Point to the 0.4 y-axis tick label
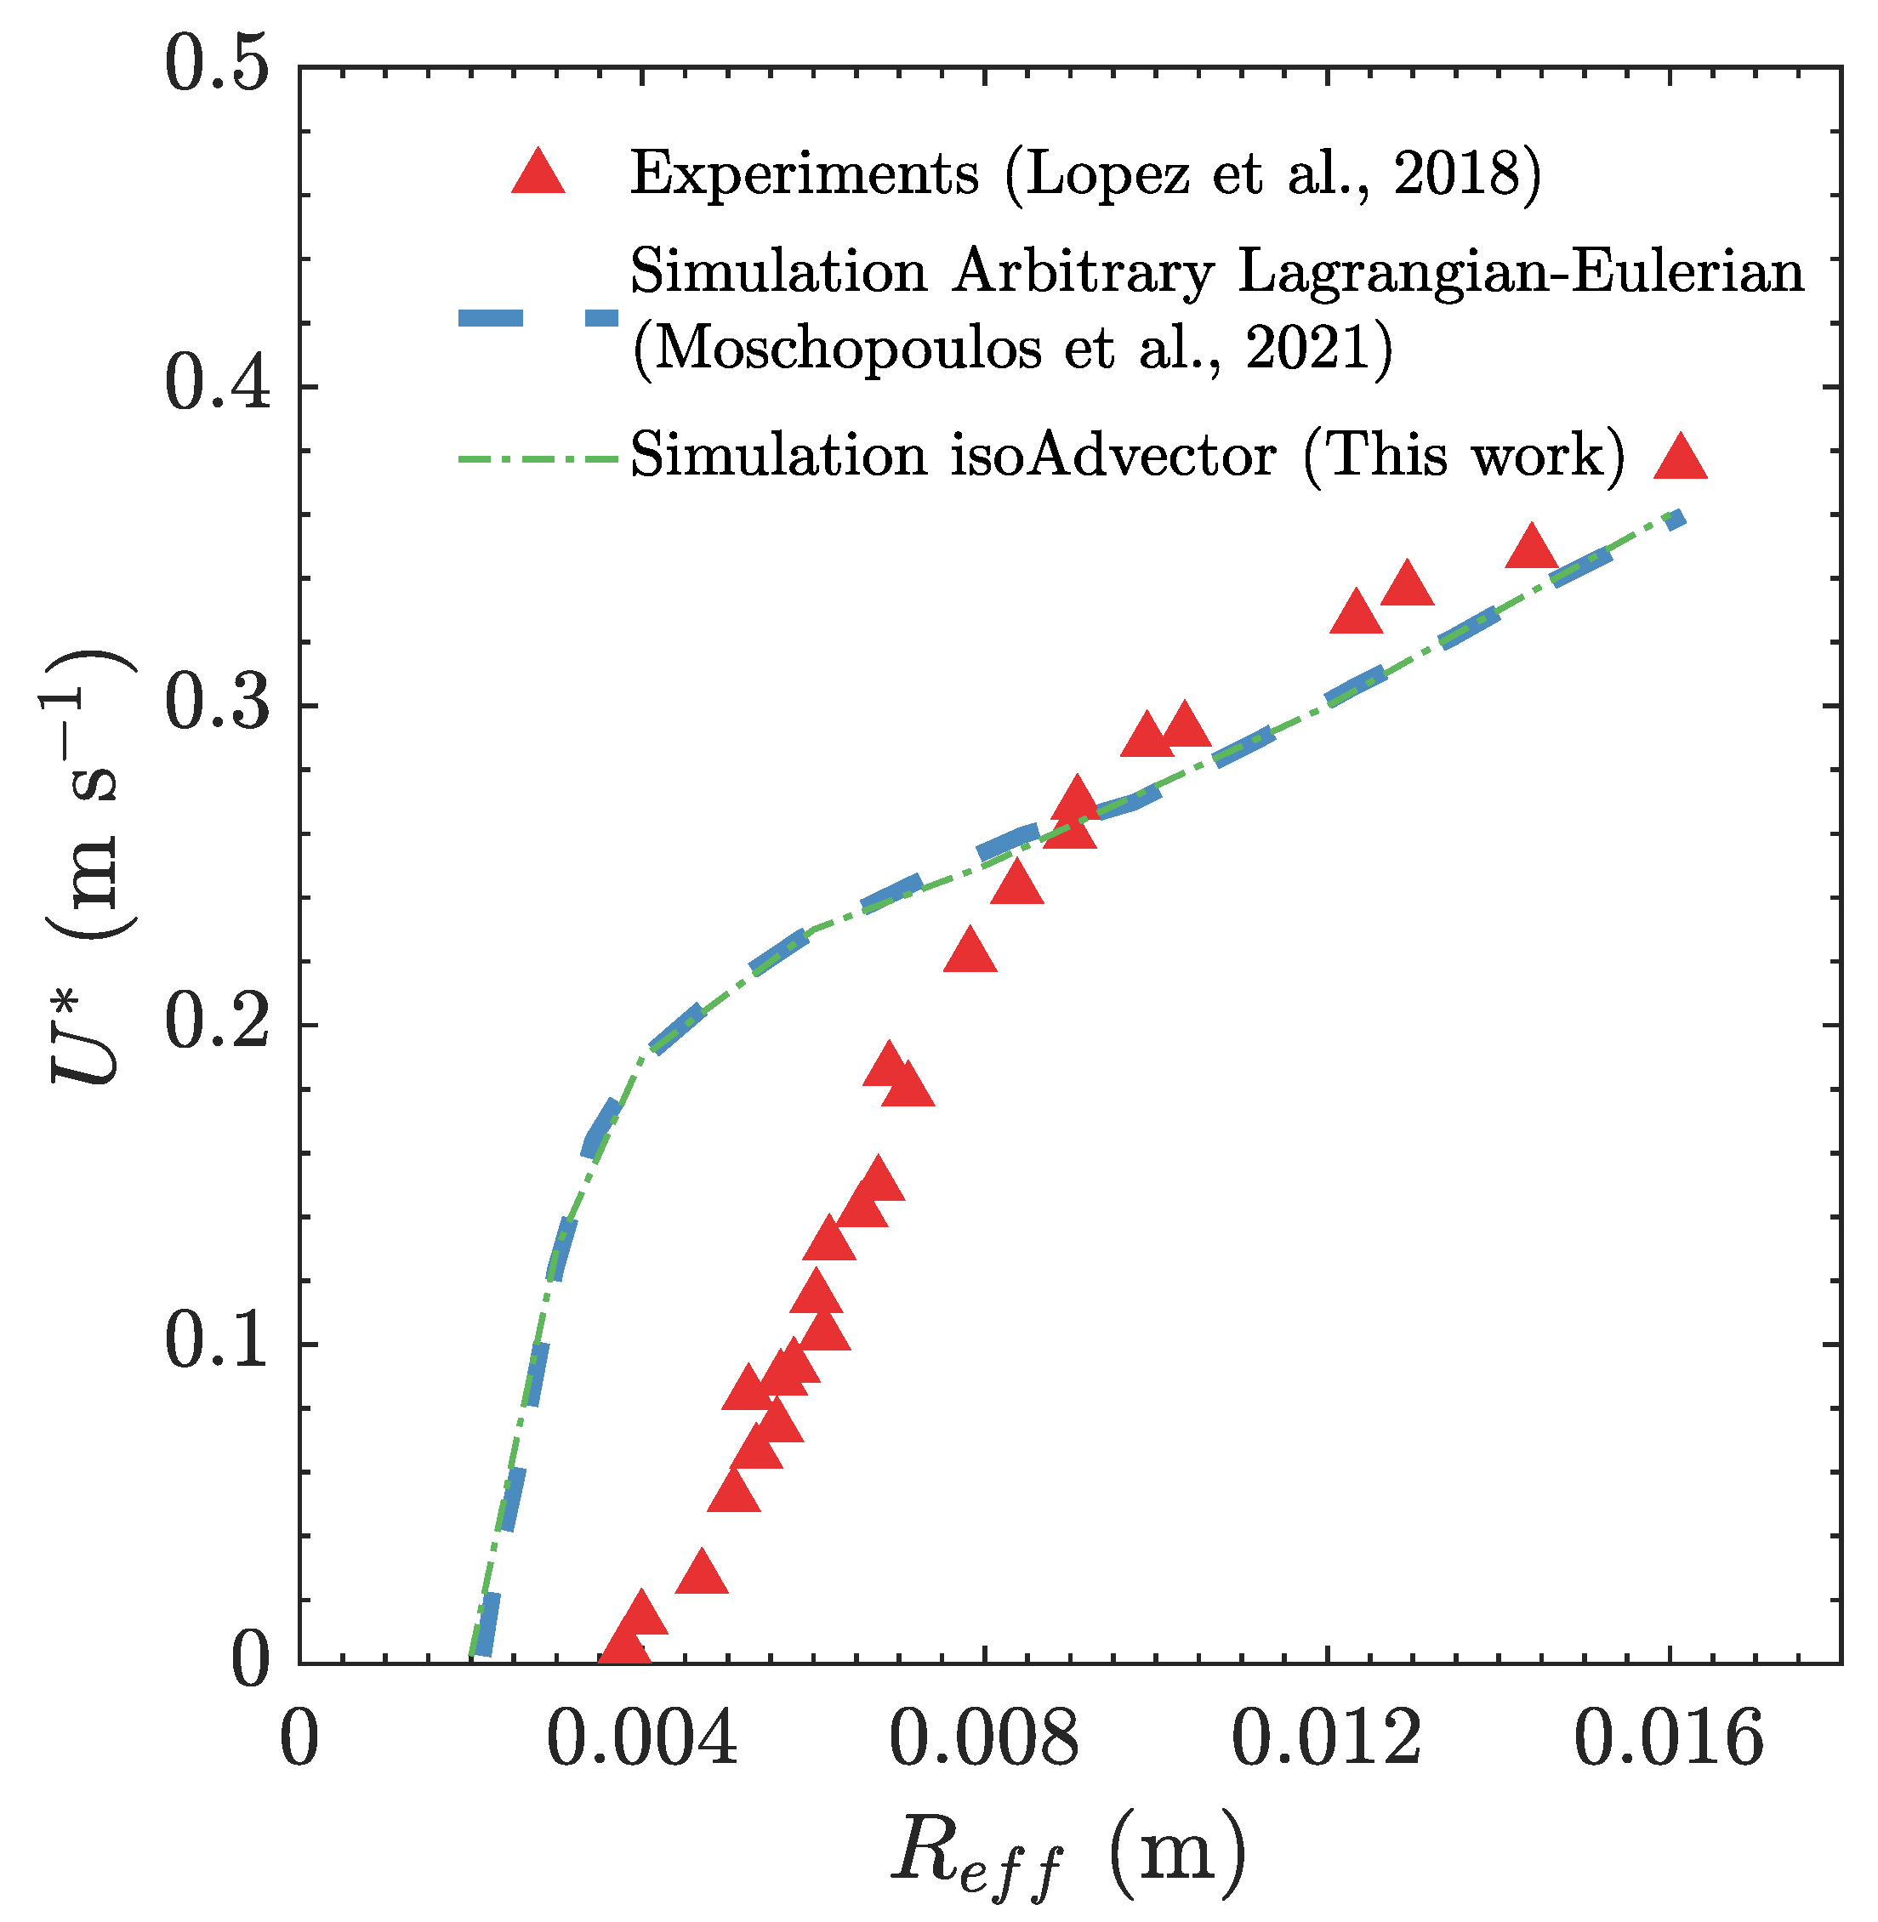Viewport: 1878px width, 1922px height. (x=216, y=384)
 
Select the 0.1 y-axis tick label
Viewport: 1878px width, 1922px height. (x=216, y=1342)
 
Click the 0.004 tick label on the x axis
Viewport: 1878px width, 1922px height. (x=641, y=1738)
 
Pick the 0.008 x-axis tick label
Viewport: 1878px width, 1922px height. (x=983, y=1738)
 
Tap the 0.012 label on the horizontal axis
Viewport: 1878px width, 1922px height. (x=1326, y=1738)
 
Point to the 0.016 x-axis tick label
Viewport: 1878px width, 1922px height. (x=1668, y=1738)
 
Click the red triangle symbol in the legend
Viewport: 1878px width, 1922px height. (x=538, y=173)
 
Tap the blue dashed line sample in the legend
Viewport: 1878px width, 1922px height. (x=538, y=316)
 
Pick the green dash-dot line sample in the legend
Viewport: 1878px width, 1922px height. (x=538, y=458)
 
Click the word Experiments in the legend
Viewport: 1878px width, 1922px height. (x=804, y=173)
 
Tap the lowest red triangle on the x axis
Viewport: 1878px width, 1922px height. (x=624, y=1649)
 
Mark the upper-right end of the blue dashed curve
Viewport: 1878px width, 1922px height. (x=1676, y=517)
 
